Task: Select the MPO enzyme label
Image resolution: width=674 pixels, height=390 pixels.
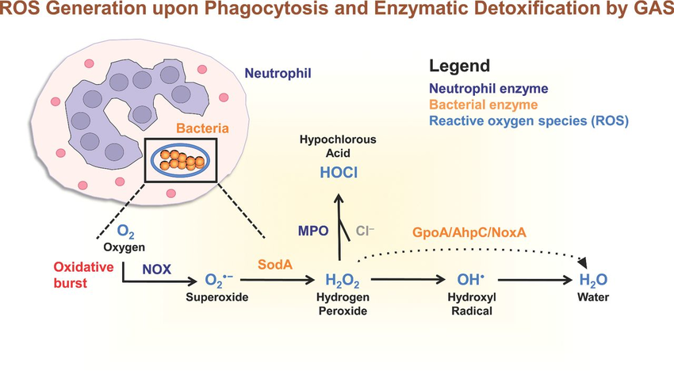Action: [x=313, y=231]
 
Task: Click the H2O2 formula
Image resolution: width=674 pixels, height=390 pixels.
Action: [x=343, y=281]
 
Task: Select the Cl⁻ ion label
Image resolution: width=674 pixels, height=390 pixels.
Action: [x=366, y=231]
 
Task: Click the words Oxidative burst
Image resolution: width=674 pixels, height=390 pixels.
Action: [x=82, y=274]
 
